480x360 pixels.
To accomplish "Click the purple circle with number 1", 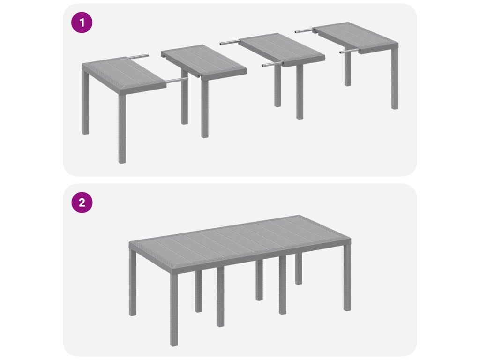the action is pos(82,22).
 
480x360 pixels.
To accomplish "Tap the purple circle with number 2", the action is pos(82,202).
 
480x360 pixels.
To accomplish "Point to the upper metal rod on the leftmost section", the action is pos(137,57).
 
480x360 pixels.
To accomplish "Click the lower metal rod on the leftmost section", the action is pos(177,80).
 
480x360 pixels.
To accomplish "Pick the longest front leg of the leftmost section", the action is pos(122,128).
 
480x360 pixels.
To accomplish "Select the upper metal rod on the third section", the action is pos(229,43).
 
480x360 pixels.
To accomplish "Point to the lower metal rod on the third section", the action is pos(272,64).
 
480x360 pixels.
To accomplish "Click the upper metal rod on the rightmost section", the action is pos(304,30).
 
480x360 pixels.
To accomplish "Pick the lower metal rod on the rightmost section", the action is pos(349,52).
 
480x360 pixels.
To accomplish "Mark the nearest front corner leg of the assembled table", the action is pos(174,310).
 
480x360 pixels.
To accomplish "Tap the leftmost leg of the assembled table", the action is pos(133,282).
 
